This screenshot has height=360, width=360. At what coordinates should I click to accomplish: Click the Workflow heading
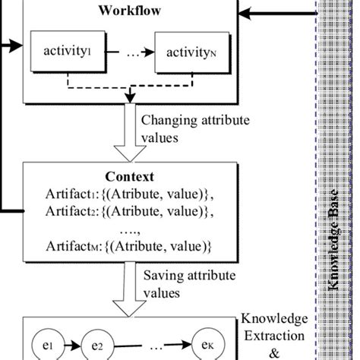(128, 11)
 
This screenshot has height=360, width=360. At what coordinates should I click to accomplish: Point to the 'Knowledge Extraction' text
(274, 327)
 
